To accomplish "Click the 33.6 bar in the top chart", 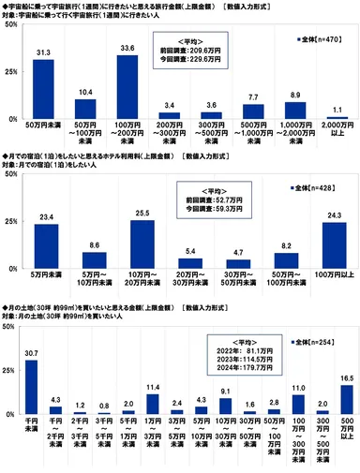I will [127, 88].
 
